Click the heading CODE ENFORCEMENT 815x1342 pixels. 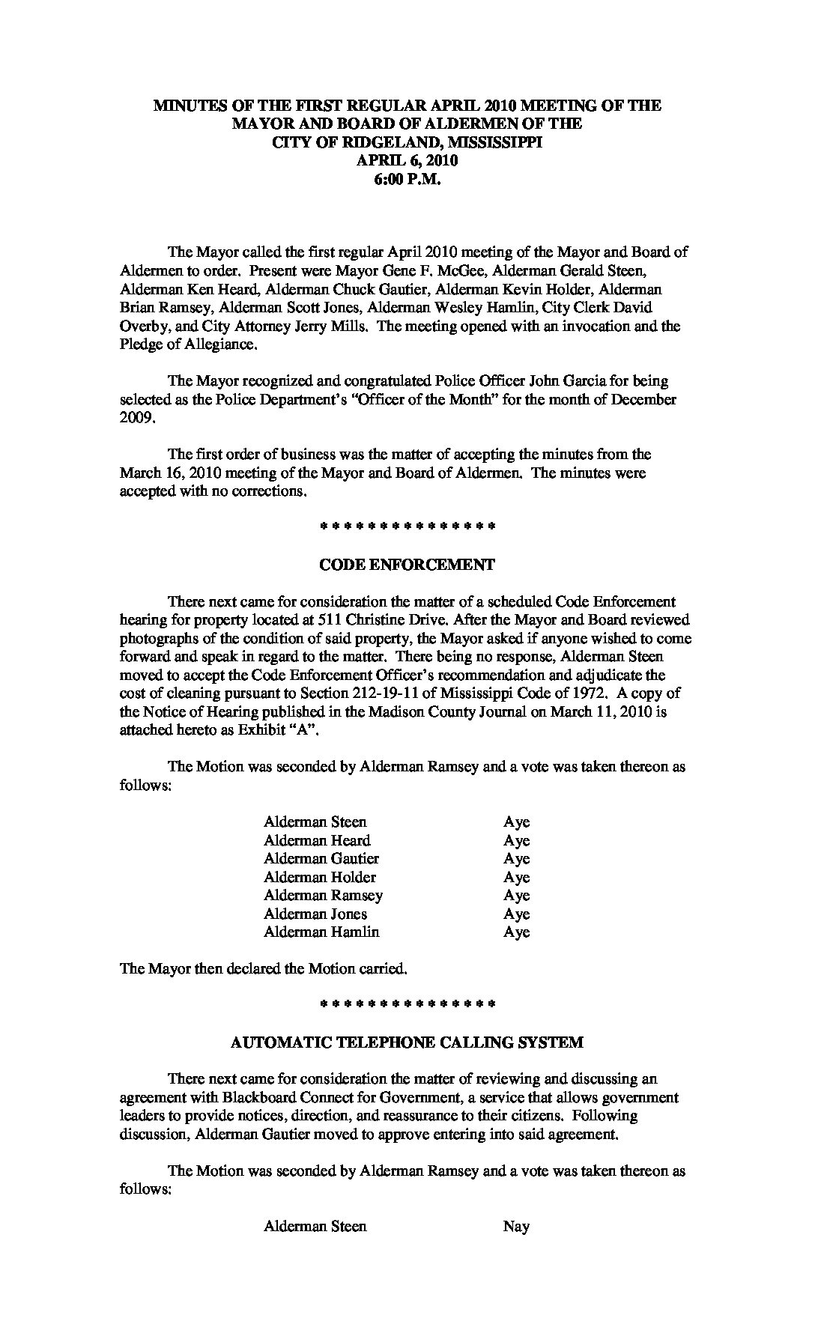[x=407, y=565]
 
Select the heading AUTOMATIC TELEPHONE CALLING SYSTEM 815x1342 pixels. [x=407, y=1042]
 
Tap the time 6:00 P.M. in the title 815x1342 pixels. [x=407, y=179]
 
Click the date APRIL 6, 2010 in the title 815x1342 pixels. [x=407, y=160]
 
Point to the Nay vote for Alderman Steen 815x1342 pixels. [x=516, y=1226]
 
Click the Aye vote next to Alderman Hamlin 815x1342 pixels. [x=516, y=932]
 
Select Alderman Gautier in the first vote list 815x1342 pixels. [x=321, y=858]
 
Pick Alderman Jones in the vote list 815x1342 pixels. [x=315, y=914]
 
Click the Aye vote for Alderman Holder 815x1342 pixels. [x=516, y=877]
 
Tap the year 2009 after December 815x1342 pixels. [x=137, y=418]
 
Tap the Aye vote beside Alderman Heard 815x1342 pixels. [x=516, y=840]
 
